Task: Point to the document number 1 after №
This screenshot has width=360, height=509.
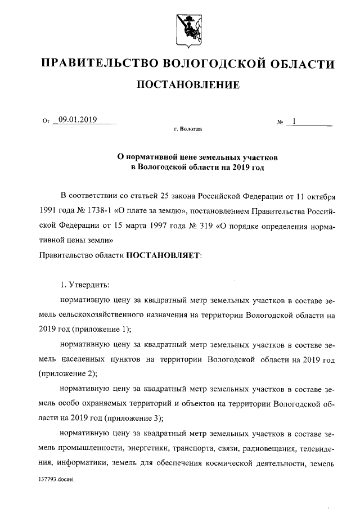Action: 293,120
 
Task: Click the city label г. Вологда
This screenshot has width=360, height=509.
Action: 188,129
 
